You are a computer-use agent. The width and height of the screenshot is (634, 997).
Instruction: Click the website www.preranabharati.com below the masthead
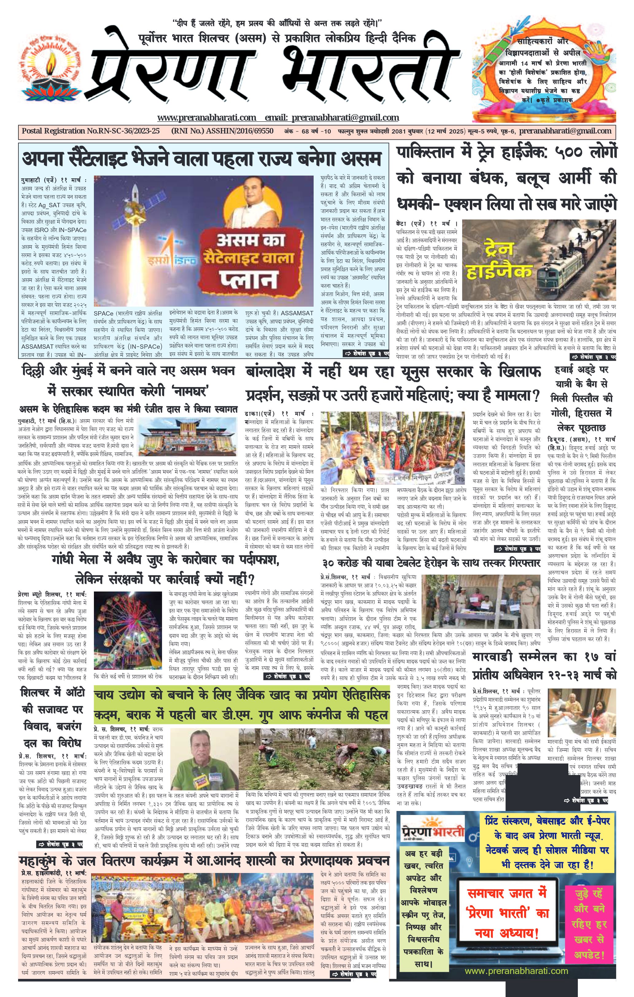[x=207, y=118]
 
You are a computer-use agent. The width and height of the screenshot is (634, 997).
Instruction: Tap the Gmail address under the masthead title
[x=345, y=118]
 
